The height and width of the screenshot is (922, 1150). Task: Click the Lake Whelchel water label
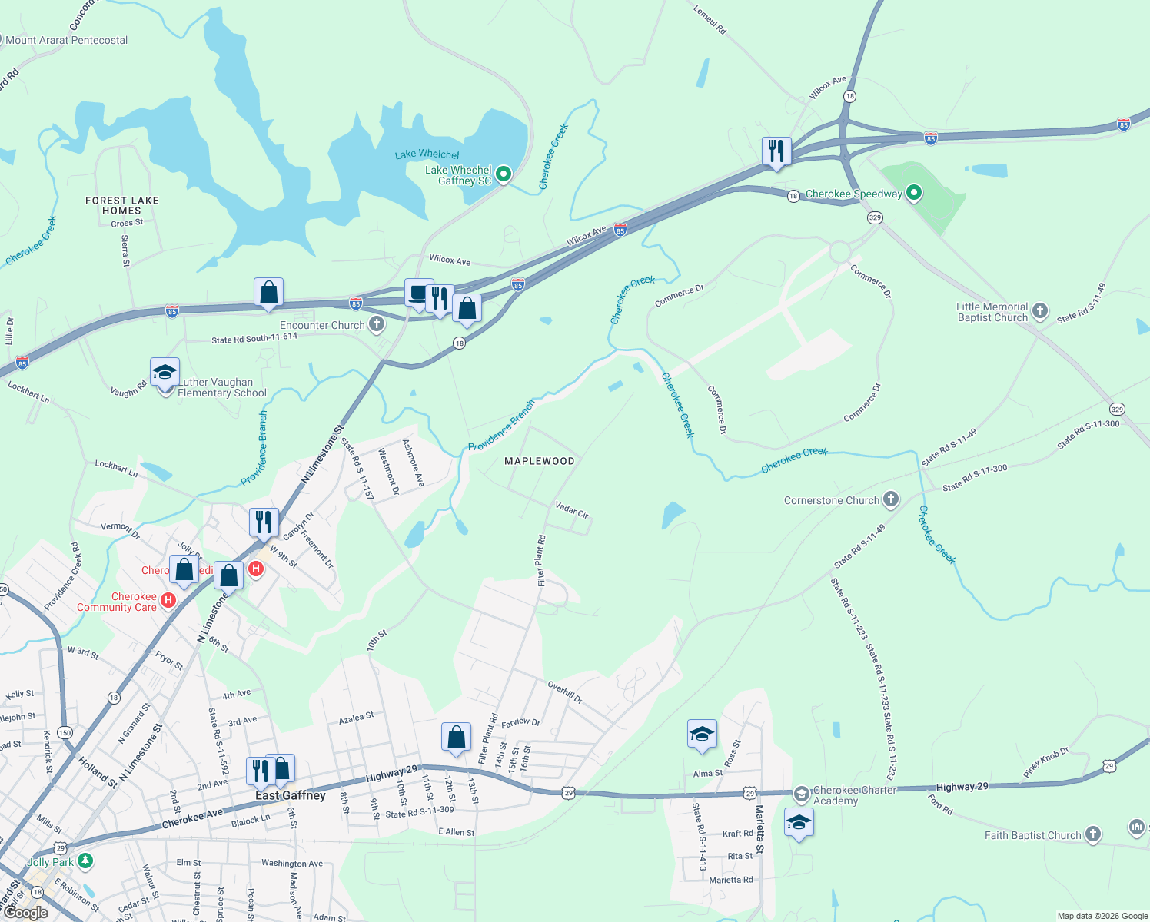click(x=427, y=154)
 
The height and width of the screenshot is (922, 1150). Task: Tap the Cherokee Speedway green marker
click(x=913, y=193)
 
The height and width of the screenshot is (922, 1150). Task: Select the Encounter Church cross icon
click(x=376, y=324)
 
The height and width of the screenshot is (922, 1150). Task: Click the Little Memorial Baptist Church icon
click(x=1039, y=311)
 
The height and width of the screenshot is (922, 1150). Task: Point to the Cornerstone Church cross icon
click(x=890, y=500)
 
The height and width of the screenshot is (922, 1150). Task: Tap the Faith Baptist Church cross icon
click(x=1092, y=834)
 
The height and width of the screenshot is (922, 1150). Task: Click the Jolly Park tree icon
click(x=85, y=861)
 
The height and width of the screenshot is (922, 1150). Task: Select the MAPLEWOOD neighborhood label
click(x=539, y=461)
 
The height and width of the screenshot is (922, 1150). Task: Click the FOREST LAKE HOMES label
click(x=121, y=205)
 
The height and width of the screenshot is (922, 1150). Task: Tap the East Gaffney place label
click(x=291, y=795)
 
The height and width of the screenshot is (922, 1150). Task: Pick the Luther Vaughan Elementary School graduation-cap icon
click(x=165, y=373)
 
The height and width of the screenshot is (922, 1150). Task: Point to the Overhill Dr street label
click(x=565, y=691)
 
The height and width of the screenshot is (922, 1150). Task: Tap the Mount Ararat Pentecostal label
click(x=67, y=40)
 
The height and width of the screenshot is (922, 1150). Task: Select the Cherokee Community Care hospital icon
click(x=168, y=600)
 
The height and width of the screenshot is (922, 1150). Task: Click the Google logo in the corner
click(x=25, y=913)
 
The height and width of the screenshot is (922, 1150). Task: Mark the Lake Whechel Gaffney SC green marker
click(x=504, y=174)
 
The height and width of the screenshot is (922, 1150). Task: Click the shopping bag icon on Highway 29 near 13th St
click(x=456, y=737)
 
